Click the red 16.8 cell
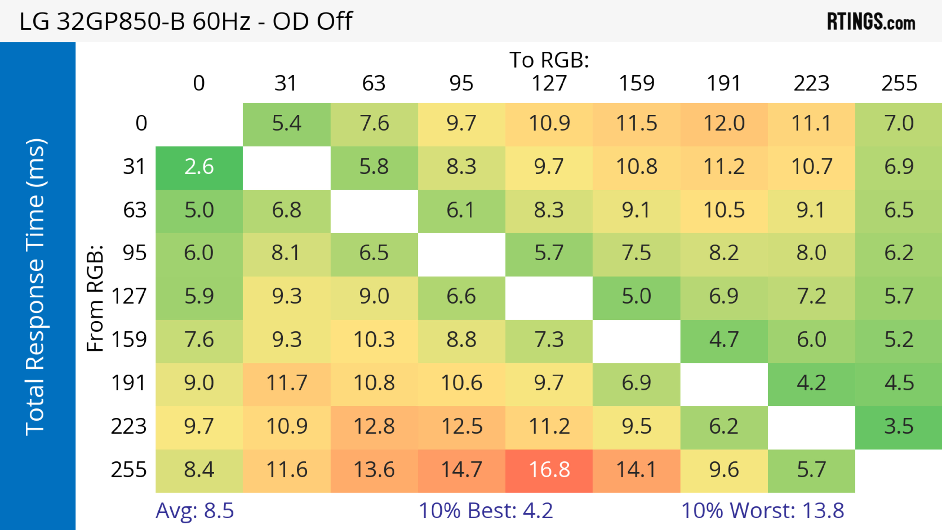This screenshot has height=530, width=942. [549, 470]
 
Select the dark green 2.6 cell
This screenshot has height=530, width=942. [199, 168]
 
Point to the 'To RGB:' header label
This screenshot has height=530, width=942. [549, 60]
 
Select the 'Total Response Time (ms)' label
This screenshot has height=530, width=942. [36, 287]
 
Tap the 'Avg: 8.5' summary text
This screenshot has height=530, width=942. [195, 510]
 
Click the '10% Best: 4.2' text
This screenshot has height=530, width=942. [486, 510]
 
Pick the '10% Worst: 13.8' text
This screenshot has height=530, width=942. [762, 510]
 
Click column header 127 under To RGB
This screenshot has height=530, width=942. [549, 83]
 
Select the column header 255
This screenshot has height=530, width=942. [899, 83]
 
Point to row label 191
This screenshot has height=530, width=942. [129, 383]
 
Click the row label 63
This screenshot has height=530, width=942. [135, 210]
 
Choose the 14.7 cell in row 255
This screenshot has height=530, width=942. [461, 470]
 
